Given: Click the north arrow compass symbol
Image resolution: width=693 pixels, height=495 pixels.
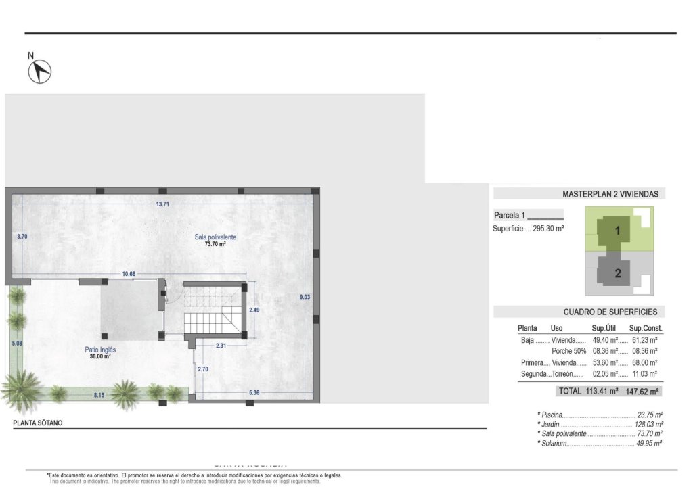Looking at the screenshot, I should (x=40, y=71).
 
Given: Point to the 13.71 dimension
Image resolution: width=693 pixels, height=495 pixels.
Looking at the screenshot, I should (x=162, y=204).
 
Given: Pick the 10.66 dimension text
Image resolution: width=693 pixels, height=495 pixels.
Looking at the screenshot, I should (x=129, y=274).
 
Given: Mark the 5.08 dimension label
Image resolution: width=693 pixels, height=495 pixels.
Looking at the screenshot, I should (x=17, y=343).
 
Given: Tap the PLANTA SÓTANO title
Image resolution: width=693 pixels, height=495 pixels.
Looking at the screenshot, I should (x=38, y=423).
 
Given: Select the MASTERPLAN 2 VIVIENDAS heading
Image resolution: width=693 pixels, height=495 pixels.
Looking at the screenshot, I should (x=610, y=194).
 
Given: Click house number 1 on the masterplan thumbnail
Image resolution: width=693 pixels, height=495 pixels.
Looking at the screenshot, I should (x=617, y=231).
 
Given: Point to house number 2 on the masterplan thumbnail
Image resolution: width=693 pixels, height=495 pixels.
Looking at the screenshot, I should (x=617, y=274).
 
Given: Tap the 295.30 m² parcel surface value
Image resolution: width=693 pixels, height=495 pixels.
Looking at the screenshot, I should (x=548, y=229).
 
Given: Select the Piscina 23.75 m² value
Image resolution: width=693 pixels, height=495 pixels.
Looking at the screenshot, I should (x=650, y=415).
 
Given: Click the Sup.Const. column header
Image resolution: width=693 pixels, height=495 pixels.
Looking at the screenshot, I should (x=644, y=328).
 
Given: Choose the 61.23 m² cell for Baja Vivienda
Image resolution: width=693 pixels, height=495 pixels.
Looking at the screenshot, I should (x=644, y=340).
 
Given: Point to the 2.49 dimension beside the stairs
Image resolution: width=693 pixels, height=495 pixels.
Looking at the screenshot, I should (x=254, y=310).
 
